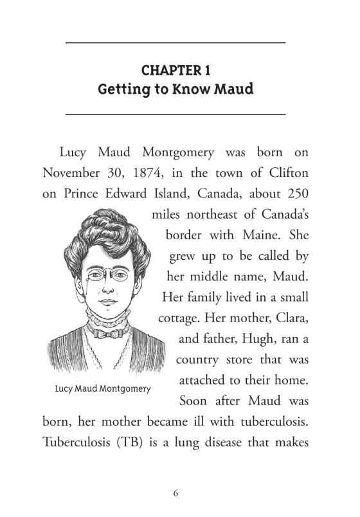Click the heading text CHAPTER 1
coord(175,69)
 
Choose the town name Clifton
coord(287,173)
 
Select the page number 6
coord(175,493)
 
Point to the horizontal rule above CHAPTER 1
coord(175,42)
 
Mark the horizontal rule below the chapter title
coord(175,114)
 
